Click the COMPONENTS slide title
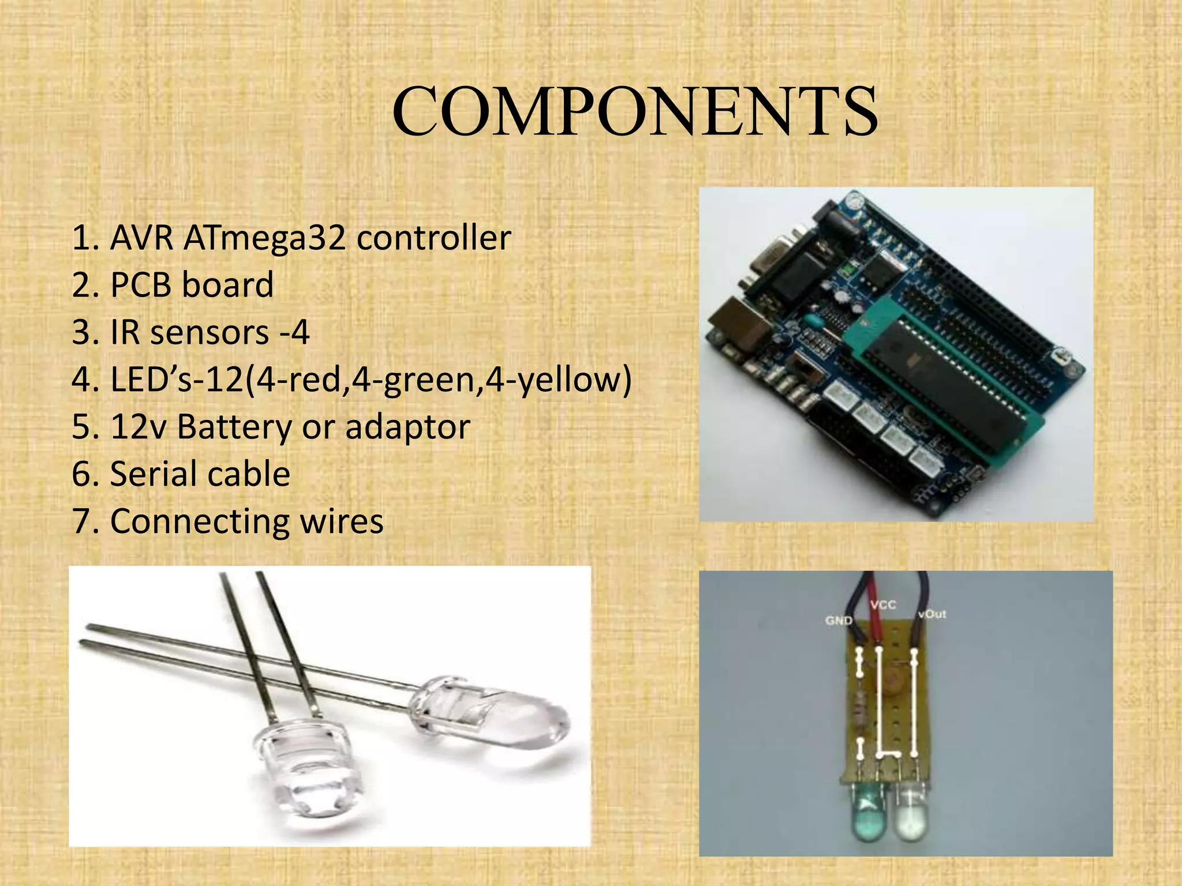click(635, 111)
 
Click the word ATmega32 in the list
click(265, 238)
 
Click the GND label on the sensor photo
click(838, 621)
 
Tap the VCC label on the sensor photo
click(883, 605)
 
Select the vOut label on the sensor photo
click(932, 614)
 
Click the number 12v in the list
click(137, 427)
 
